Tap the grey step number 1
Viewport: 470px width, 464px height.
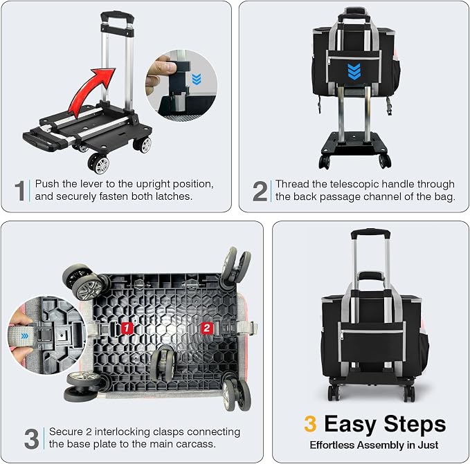[x=20, y=190]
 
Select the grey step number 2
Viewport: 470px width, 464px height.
[x=260, y=191]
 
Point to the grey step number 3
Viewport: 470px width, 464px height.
[x=31, y=438]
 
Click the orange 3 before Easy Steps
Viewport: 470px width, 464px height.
[x=310, y=424]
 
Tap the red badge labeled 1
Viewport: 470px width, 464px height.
[x=127, y=328]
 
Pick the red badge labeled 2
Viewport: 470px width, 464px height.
[x=206, y=328]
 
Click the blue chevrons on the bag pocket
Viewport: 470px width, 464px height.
[x=354, y=71]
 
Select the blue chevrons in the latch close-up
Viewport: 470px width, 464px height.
[x=197, y=79]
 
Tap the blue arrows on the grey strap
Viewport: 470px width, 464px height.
[x=25, y=336]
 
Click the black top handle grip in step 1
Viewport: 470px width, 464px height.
[x=117, y=16]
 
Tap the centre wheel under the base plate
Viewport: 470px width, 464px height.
[x=163, y=362]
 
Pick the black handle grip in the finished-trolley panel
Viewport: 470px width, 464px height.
[x=370, y=232]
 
